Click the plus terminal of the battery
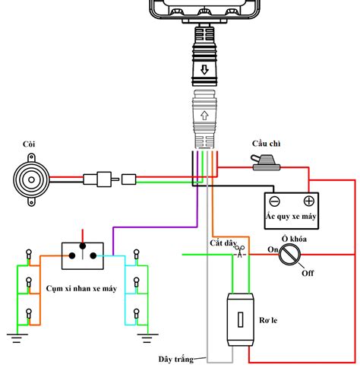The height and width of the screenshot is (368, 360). [309, 202]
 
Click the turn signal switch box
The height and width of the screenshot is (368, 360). [81, 255]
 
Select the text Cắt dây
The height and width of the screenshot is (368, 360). [223, 243]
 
